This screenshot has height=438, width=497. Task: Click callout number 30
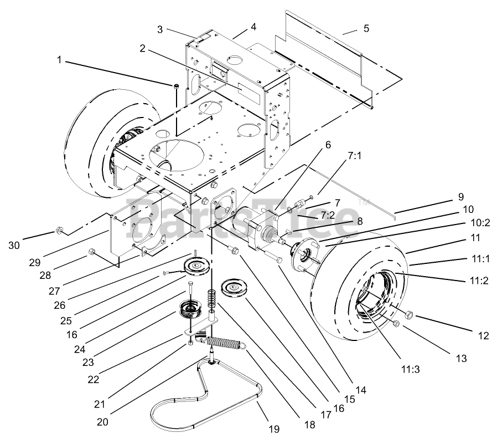pyautogui.click(x=14, y=245)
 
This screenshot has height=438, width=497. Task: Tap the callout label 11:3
pyautogui.click(x=411, y=369)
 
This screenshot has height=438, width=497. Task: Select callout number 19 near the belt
pyautogui.click(x=274, y=429)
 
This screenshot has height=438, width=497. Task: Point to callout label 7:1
pyautogui.click(x=354, y=156)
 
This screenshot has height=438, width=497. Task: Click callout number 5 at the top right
pyautogui.click(x=366, y=28)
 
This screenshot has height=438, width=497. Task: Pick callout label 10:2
pyautogui.click(x=481, y=223)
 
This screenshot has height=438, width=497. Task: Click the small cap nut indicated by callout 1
pyautogui.click(x=176, y=86)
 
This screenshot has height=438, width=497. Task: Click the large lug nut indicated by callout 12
pyautogui.click(x=408, y=315)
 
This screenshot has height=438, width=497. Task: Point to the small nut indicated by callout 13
pyautogui.click(x=396, y=323)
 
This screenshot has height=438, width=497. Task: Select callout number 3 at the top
pyautogui.click(x=160, y=29)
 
